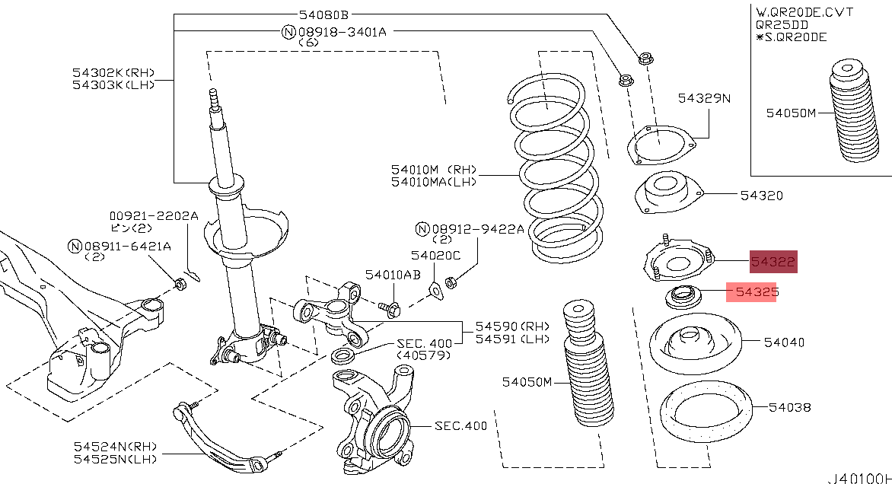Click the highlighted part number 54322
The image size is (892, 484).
pyautogui.click(x=773, y=263)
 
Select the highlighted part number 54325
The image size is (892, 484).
pyautogui.click(x=750, y=291)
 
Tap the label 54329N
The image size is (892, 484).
pyautogui.click(x=704, y=98)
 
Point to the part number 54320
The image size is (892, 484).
pyautogui.click(x=761, y=196)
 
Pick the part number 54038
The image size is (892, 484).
pyautogui.click(x=789, y=407)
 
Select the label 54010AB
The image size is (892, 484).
pyautogui.click(x=392, y=274)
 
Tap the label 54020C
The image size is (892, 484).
pyautogui.click(x=436, y=256)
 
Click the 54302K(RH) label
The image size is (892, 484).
pyautogui.click(x=113, y=72)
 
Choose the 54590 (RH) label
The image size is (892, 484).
pyautogui.click(x=502, y=326)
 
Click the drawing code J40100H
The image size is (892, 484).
pyautogui.click(x=860, y=477)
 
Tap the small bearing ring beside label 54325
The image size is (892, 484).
pyautogui.click(x=681, y=296)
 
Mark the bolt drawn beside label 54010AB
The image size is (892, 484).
pyautogui.click(x=393, y=308)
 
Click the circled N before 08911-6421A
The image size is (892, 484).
pyautogui.click(x=74, y=246)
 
